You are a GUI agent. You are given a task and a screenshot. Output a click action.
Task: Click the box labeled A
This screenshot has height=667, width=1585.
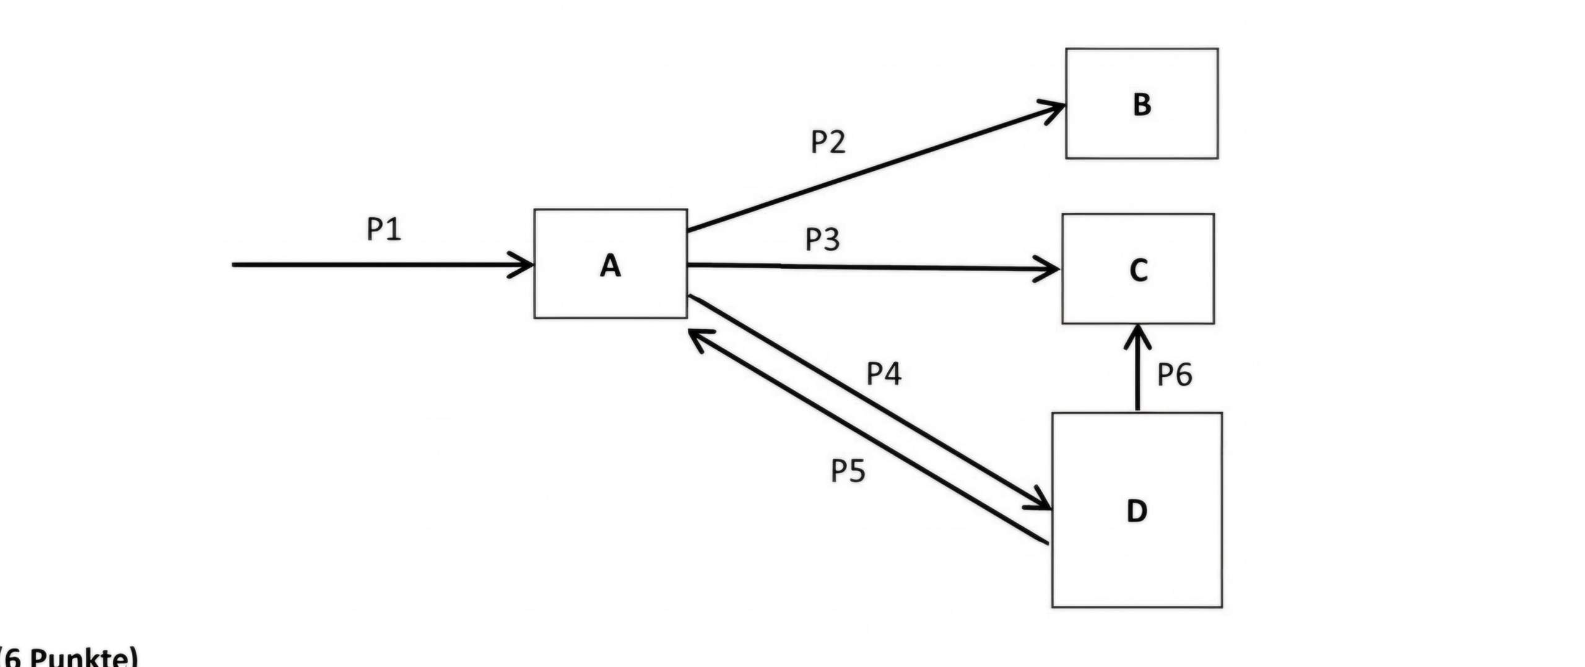click(x=610, y=264)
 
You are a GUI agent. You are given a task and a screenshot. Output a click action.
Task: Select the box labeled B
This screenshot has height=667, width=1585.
click(x=1141, y=103)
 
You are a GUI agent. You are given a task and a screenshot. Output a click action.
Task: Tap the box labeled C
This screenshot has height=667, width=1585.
click(x=1137, y=269)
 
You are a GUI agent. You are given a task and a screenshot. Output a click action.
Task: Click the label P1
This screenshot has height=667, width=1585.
click(x=384, y=229)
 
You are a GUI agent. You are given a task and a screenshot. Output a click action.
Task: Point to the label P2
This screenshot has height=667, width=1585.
click(x=828, y=142)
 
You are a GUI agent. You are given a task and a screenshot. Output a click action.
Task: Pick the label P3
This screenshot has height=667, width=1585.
click(x=822, y=239)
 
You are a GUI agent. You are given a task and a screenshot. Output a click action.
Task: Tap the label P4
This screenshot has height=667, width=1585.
click(x=883, y=373)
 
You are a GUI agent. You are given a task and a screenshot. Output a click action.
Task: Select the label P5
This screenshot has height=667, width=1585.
click(x=848, y=471)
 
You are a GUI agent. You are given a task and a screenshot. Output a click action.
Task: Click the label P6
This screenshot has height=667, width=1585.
click(x=1174, y=374)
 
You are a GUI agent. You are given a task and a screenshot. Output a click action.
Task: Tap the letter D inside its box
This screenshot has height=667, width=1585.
click(x=1136, y=511)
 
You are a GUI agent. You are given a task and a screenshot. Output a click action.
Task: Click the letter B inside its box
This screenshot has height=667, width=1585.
click(x=1142, y=105)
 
